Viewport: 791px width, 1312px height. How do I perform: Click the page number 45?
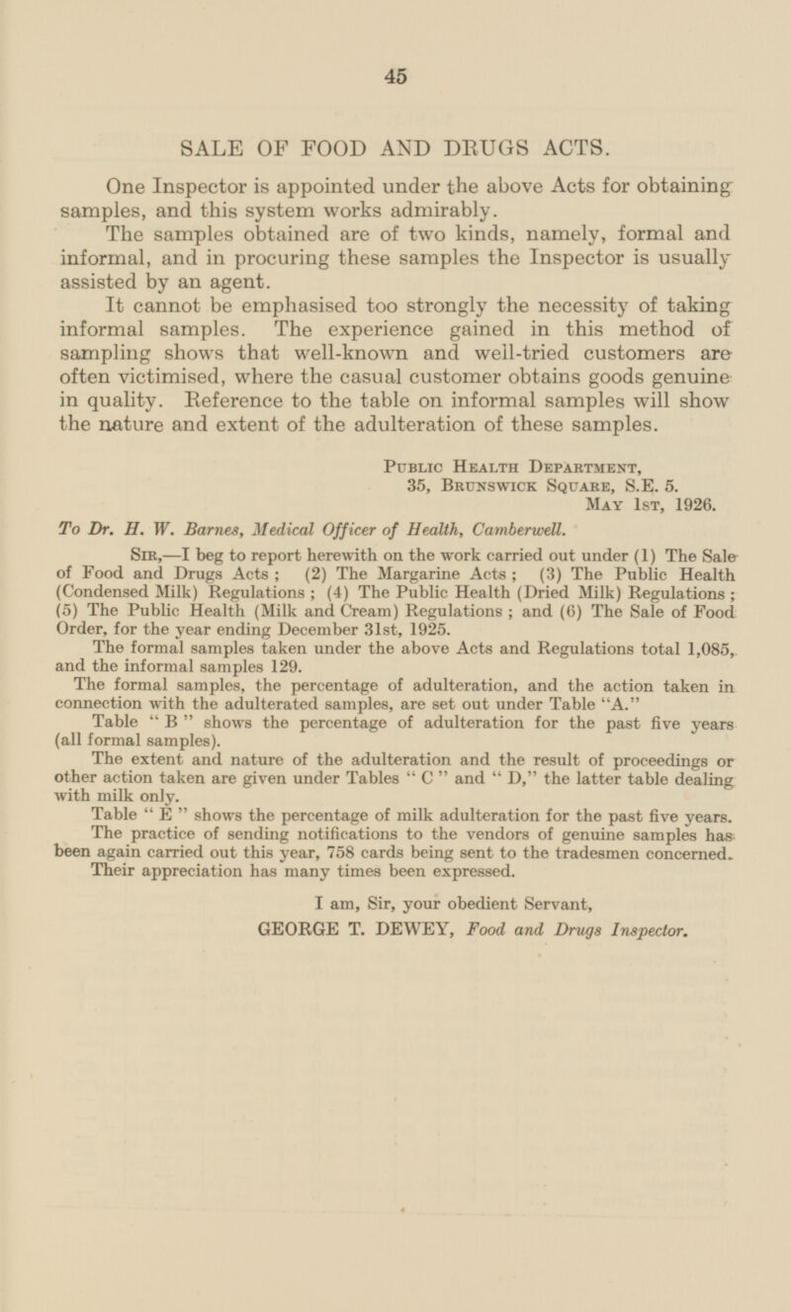point(395,73)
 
